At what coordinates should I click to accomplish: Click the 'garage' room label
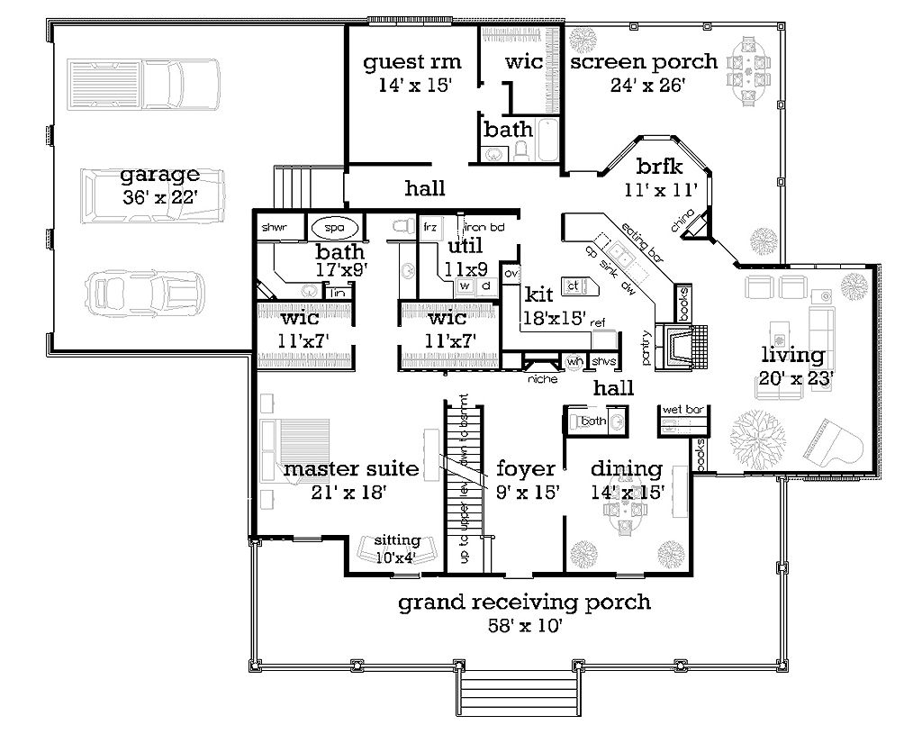163,175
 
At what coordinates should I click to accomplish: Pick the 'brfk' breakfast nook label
660,167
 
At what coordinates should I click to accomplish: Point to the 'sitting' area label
398,540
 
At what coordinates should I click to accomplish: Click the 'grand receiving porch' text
524,602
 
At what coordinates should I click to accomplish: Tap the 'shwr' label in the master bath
273,227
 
